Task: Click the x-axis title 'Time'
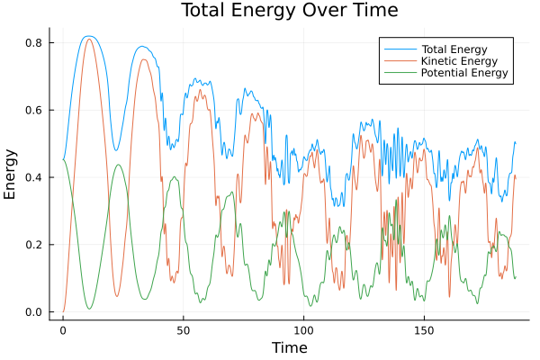click(290, 347)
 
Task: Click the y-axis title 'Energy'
click(11, 175)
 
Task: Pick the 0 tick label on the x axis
click(63, 329)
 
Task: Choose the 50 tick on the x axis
click(184, 329)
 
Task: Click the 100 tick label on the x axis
click(304, 329)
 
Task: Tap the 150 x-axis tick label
click(425, 329)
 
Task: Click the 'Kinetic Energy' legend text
click(457, 60)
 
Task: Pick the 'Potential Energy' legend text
click(464, 73)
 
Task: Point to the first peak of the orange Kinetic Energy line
click(88, 39)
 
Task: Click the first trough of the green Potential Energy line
click(89, 309)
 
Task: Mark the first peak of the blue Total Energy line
click(87, 36)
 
